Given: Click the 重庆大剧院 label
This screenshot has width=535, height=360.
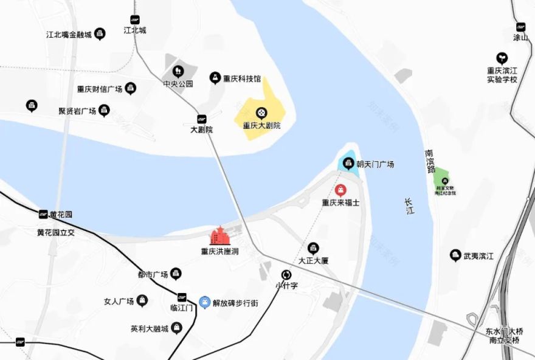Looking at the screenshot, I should pyautogui.click(x=261, y=126).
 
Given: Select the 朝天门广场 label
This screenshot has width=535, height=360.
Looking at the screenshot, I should pyautogui.click(x=375, y=164).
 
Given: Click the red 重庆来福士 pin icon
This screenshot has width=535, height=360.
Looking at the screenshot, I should pyautogui.click(x=341, y=190).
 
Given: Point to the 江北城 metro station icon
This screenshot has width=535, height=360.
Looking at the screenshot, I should pyautogui.click(x=135, y=19).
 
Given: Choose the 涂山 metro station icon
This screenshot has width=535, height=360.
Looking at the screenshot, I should pyautogui.click(x=520, y=27).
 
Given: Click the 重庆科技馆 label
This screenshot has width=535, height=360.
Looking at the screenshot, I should pyautogui.click(x=242, y=78).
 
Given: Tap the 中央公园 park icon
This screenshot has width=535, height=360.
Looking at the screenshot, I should pyautogui.click(x=178, y=72).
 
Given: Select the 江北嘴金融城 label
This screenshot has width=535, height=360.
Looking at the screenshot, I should pyautogui.click(x=69, y=35).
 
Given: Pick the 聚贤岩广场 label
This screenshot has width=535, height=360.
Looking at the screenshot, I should pyautogui.click(x=77, y=111).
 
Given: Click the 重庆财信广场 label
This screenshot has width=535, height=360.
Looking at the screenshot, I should pyautogui.click(x=99, y=89).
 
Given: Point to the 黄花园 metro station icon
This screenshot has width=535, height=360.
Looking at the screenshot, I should pyautogui.click(x=43, y=214).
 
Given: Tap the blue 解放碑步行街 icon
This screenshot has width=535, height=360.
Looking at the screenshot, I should pyautogui.click(x=205, y=302).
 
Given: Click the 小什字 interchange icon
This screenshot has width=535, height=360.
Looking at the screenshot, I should pyautogui.click(x=286, y=274).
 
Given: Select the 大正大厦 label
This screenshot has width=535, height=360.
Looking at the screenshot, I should pyautogui.click(x=313, y=260).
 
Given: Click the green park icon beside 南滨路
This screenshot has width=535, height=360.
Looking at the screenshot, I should pyautogui.click(x=445, y=180).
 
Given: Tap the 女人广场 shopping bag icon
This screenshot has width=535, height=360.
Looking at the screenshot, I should pyautogui.click(x=142, y=300).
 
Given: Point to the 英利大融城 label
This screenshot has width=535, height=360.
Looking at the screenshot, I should pyautogui.click(x=149, y=329).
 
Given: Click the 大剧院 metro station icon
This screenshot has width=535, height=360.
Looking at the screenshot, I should pyautogui.click(x=201, y=119).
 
